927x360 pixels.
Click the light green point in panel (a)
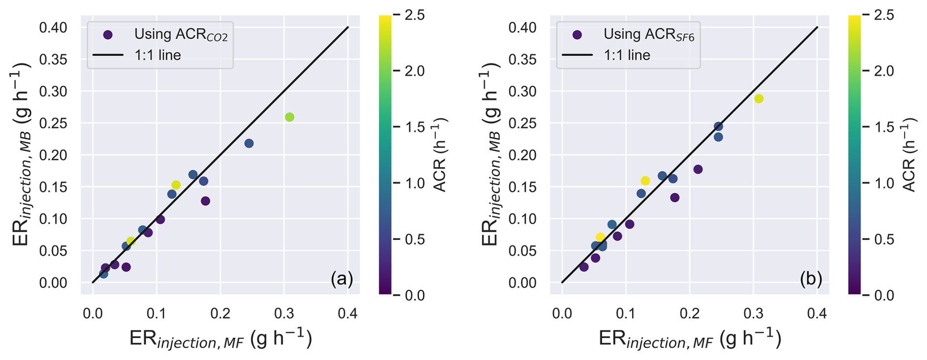tap(290, 117)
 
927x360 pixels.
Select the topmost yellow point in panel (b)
tap(759, 99)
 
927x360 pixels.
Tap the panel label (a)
tap(342, 279)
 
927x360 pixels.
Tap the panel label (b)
tap(811, 279)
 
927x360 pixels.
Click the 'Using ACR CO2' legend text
tap(181, 35)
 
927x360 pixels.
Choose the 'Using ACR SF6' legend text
tap(649, 35)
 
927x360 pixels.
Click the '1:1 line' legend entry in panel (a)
tap(157, 55)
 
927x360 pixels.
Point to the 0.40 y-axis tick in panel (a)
tap(53, 27)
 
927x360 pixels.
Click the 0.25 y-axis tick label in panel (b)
tap(522, 123)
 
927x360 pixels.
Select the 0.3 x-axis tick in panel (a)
tap(284, 313)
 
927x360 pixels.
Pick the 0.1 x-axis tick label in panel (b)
tap(626, 313)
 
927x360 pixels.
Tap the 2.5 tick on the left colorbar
tap(415, 15)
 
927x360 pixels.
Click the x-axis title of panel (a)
tap(220, 339)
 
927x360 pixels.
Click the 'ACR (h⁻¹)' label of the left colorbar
tap(439, 155)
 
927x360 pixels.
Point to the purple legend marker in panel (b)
tap(577, 35)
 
